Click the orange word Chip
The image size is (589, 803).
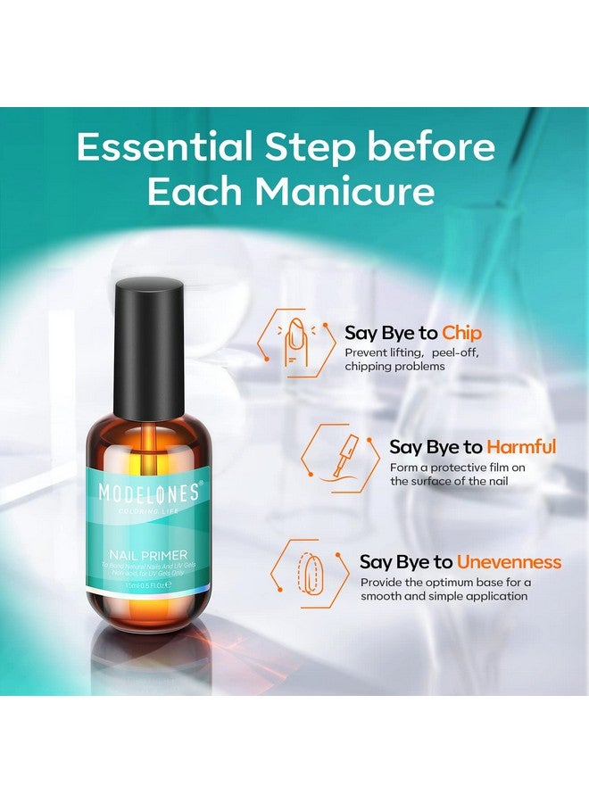[x=461, y=333]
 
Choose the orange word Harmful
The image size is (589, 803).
[x=521, y=447]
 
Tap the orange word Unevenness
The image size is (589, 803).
[x=509, y=562]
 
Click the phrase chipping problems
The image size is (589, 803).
[x=394, y=367]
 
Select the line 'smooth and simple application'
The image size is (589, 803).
[x=444, y=595]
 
